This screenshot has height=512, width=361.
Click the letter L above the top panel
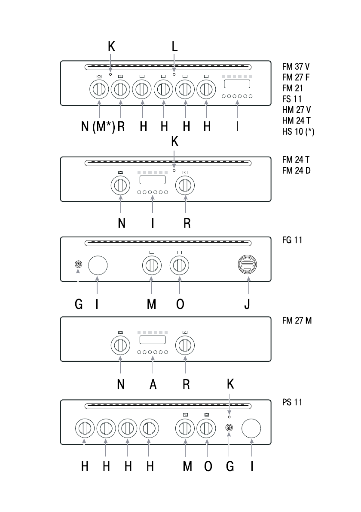174,47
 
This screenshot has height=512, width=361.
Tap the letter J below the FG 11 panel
247,304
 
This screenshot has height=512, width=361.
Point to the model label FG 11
292,240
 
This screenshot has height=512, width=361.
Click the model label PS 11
292,403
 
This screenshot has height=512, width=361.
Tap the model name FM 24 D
297,170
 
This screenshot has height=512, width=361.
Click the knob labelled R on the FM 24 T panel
185,185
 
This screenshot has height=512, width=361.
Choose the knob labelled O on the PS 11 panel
207,429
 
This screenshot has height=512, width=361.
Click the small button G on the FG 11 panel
78,265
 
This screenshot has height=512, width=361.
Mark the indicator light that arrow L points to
174,74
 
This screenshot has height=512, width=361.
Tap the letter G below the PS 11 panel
230,466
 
